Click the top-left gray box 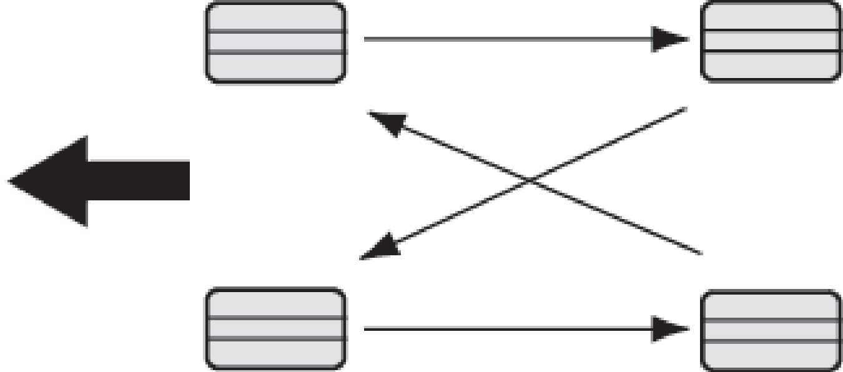[x=275, y=42]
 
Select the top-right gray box [x=771, y=41]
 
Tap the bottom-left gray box [x=275, y=328]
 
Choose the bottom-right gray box [x=771, y=330]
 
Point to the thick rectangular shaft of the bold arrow [x=139, y=180]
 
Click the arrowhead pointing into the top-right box [x=670, y=39]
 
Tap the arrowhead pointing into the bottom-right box [x=670, y=328]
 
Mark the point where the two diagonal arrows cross [x=530, y=181]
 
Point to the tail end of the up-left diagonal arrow [x=701, y=253]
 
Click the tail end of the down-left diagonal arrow [x=685, y=109]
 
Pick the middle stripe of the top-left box [x=275, y=42]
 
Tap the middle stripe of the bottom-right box [x=771, y=330]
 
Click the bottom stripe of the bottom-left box [x=275, y=353]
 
